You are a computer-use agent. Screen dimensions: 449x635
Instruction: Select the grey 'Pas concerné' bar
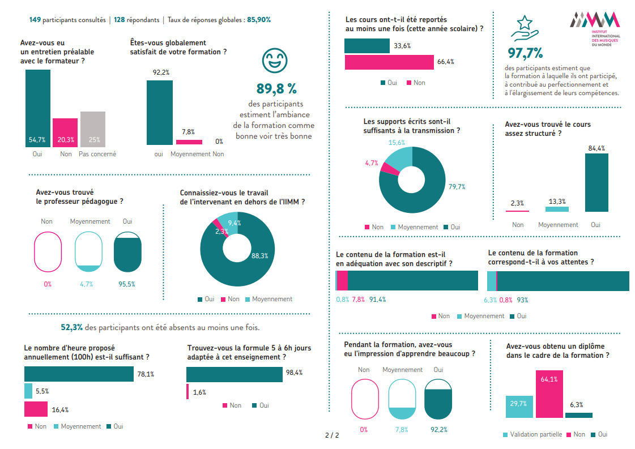93,129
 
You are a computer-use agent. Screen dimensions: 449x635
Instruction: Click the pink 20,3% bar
65,132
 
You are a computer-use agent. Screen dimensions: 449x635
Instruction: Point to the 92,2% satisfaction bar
160,113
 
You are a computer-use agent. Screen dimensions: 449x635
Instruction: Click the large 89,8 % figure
276,89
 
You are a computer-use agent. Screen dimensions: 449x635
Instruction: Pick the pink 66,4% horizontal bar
389,62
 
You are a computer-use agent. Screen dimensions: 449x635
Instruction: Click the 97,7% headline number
525,53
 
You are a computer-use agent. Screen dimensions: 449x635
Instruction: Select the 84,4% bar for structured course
596,182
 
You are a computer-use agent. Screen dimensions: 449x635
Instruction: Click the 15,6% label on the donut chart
397,143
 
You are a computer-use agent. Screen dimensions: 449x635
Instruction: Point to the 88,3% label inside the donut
260,256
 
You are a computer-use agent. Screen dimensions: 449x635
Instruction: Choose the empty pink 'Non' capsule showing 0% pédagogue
48,252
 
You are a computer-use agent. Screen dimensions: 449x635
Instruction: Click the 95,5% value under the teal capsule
127,284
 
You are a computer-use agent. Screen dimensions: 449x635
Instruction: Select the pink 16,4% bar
36,409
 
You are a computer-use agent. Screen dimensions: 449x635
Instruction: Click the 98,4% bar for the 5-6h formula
234,374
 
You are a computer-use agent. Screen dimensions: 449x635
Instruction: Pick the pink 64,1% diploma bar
548,394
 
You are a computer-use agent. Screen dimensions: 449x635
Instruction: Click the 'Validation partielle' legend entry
532,434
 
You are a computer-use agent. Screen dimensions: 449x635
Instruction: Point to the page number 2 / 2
332,435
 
